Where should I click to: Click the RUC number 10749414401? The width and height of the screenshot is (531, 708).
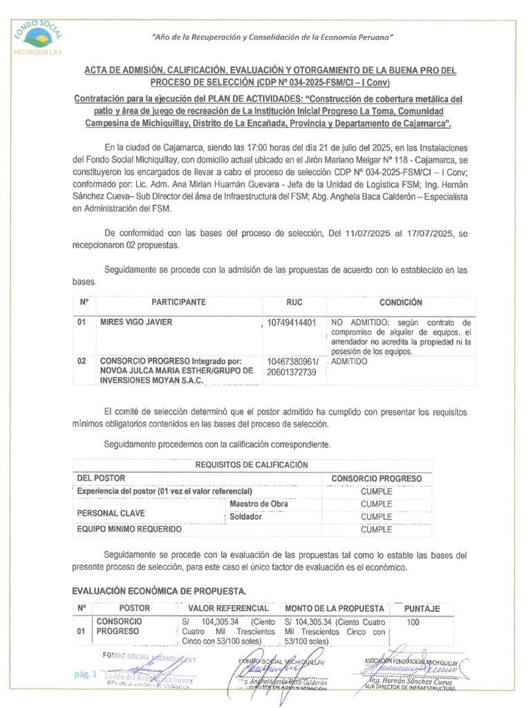(292, 323)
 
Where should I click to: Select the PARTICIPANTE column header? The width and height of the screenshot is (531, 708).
(178, 303)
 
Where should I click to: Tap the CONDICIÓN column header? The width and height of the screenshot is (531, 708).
(400, 303)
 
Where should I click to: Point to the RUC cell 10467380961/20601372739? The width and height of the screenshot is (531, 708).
(292, 367)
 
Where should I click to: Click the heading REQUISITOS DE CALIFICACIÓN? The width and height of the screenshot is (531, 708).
(252, 465)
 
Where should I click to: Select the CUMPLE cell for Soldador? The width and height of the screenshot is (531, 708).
(376, 516)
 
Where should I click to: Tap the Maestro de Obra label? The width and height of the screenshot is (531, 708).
(259, 504)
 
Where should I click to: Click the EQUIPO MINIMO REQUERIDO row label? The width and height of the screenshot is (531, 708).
(129, 530)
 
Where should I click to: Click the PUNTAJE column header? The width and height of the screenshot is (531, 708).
(422, 608)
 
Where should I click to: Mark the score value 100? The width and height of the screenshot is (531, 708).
(413, 623)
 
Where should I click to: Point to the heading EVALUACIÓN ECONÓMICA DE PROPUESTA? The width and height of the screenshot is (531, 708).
(160, 591)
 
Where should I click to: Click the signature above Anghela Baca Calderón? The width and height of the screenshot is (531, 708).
(277, 670)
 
